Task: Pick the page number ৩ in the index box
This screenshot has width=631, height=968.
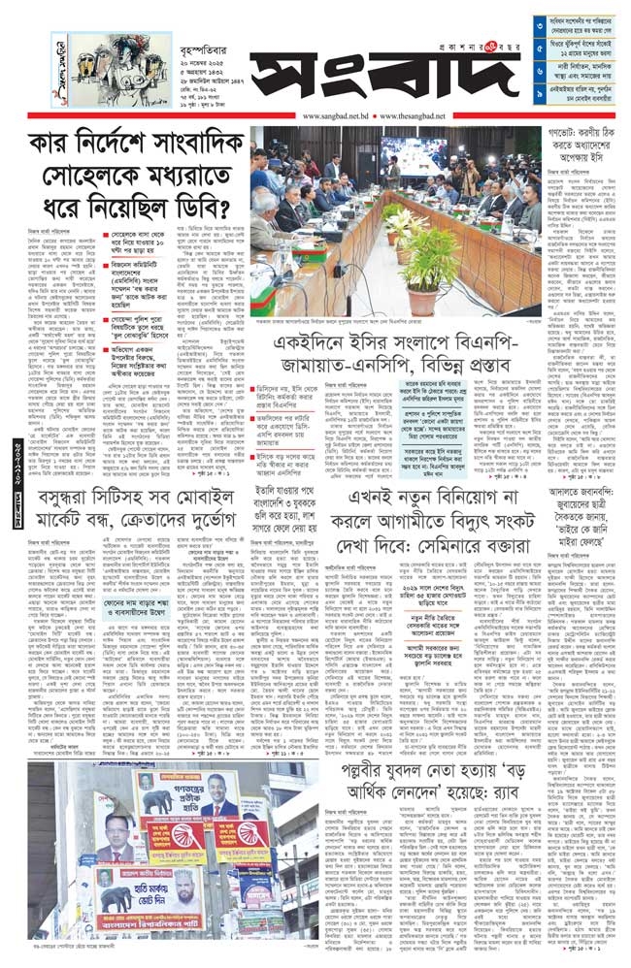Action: pos(540,19)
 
